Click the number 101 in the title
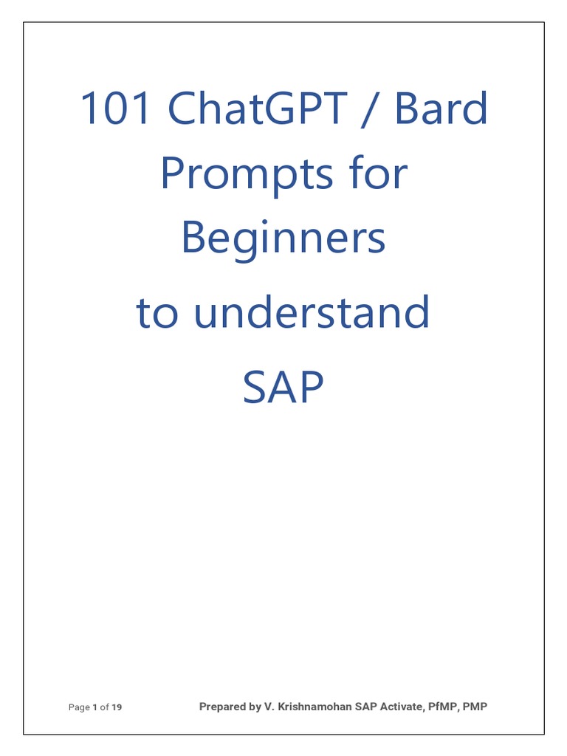pyautogui.click(x=117, y=109)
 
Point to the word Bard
pyautogui.click(x=441, y=109)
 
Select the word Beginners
pyautogui.click(x=283, y=240)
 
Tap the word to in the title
pyautogui.click(x=157, y=312)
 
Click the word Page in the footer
pyautogui.click(x=79, y=707)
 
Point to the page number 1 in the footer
pyautogui.click(x=96, y=707)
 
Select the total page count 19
pyautogui.click(x=117, y=707)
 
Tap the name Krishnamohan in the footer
pyautogui.click(x=311, y=707)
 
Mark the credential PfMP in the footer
pyautogui.click(x=443, y=707)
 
